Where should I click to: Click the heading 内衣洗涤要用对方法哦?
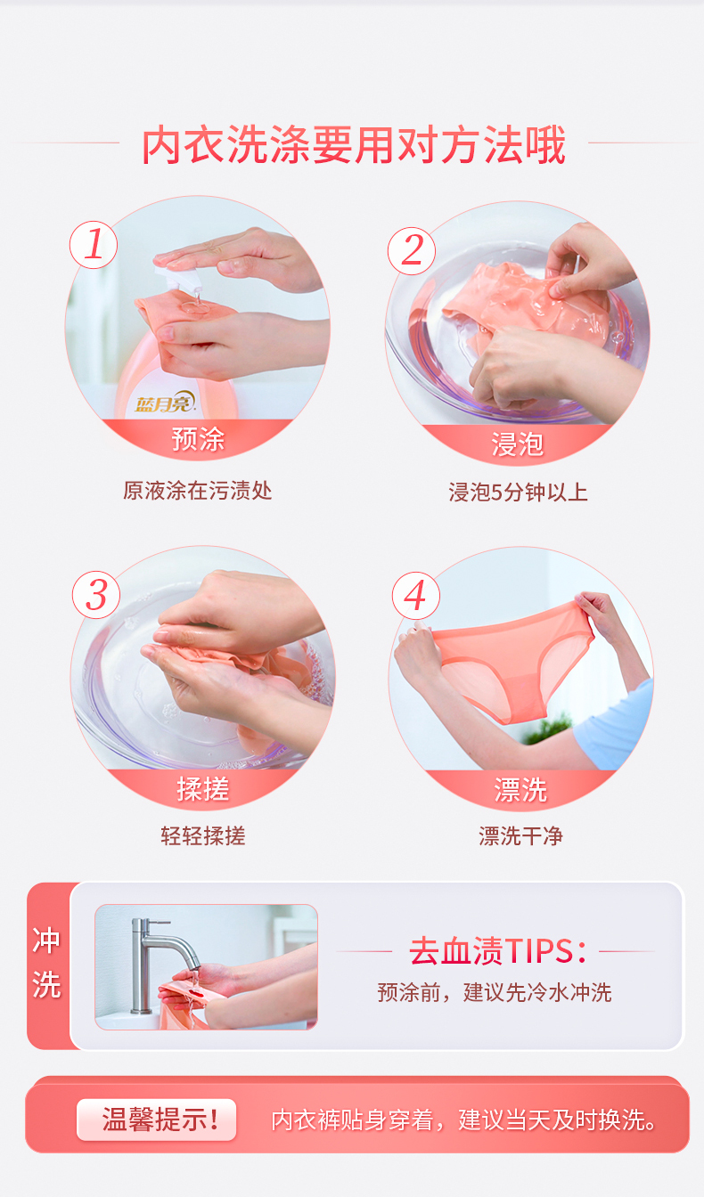coord(353,145)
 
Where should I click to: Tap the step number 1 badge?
coord(94,245)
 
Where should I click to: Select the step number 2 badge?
coord(412,251)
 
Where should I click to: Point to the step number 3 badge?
coord(96,595)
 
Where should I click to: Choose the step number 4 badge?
coord(416,595)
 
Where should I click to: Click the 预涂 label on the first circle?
coord(198,439)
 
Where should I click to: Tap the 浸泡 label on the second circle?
coord(517,444)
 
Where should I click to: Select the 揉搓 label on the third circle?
coord(202,789)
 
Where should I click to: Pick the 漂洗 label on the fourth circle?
coord(520,790)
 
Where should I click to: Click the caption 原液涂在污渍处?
coord(197,491)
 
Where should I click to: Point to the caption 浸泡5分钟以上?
coord(518,493)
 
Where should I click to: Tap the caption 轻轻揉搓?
coord(202,835)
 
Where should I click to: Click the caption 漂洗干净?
coord(520,835)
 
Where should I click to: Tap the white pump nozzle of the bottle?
coord(170,279)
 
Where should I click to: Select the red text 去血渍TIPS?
coord(496,952)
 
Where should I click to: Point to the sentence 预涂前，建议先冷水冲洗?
coord(495,992)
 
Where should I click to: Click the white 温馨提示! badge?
coord(157,1120)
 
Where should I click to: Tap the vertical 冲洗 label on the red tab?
coord(46,963)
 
